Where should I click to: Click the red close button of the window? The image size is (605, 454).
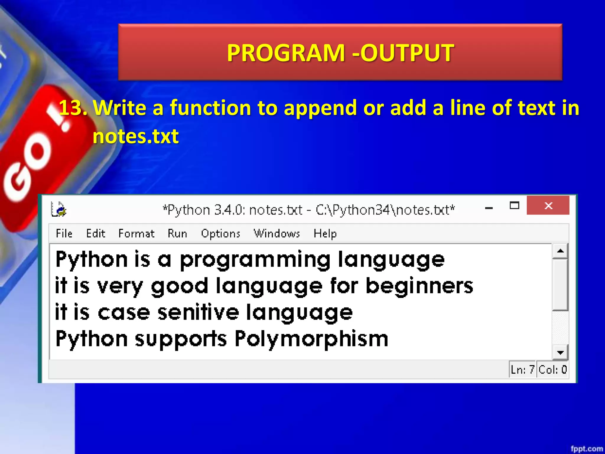point(548,205)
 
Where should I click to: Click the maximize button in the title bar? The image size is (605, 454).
point(514,205)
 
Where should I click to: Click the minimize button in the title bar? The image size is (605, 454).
point(489,208)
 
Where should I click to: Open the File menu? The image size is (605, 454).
point(64,234)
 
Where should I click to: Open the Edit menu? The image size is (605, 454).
point(95,234)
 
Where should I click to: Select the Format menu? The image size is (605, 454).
point(136,234)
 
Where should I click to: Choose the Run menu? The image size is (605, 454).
point(177,234)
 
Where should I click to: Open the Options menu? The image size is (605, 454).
point(220,234)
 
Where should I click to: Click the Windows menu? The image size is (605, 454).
point(277,234)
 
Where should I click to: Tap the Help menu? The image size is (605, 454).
point(325,234)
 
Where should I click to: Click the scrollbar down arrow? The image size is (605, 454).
point(560,352)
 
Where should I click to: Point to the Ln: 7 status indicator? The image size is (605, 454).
point(522,369)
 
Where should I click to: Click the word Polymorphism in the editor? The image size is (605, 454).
point(311,339)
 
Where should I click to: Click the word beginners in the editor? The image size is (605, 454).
point(419,286)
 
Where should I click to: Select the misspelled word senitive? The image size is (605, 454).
point(198,312)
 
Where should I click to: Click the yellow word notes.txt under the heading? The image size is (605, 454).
point(136,136)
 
